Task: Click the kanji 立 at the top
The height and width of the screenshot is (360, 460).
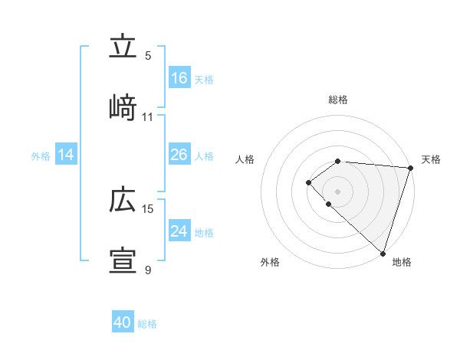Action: (x=123, y=47)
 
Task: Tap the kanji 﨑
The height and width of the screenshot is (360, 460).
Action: (x=123, y=107)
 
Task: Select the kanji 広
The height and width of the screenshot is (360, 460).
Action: (x=123, y=200)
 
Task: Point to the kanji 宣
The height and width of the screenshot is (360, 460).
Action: (x=123, y=261)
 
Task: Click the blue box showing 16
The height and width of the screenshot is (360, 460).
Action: (x=179, y=78)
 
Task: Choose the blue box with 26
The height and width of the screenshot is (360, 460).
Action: (x=179, y=155)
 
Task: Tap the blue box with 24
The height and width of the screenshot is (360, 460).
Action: (x=179, y=231)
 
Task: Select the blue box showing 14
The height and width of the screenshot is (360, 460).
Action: (x=66, y=155)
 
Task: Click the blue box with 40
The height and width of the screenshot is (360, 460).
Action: (x=123, y=322)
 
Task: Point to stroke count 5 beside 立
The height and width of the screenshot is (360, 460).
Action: (x=148, y=55)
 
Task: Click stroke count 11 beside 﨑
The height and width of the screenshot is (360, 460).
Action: (x=148, y=116)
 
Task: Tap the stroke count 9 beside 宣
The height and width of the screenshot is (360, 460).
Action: (x=148, y=270)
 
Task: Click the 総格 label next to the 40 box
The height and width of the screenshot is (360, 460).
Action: (x=148, y=324)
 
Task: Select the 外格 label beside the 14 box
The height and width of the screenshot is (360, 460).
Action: (x=41, y=156)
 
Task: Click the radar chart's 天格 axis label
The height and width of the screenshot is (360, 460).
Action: (x=431, y=159)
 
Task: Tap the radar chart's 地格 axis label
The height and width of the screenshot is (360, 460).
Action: (x=402, y=262)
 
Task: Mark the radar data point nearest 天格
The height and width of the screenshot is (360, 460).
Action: (x=410, y=168)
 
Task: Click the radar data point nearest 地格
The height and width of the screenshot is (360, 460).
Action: (x=383, y=253)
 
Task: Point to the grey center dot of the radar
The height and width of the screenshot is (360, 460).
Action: (x=337, y=191)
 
